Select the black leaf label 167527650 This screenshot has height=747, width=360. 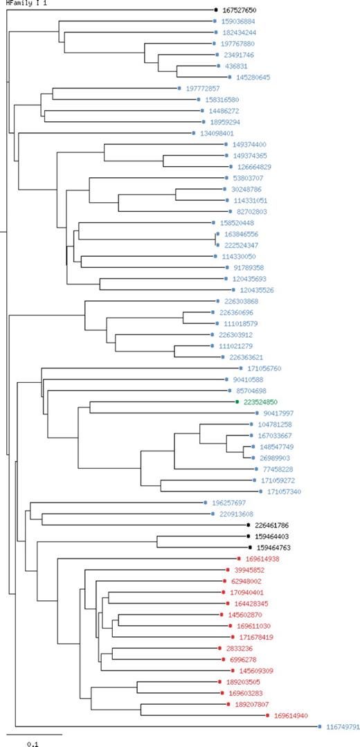pos(240,10)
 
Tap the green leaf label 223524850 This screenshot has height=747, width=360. pos(260,402)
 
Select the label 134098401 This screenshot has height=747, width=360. pos(216,134)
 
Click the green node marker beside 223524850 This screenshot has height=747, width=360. pos(237,402)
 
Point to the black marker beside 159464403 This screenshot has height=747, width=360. pos(249,536)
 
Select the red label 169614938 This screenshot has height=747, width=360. pos(263,559)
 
